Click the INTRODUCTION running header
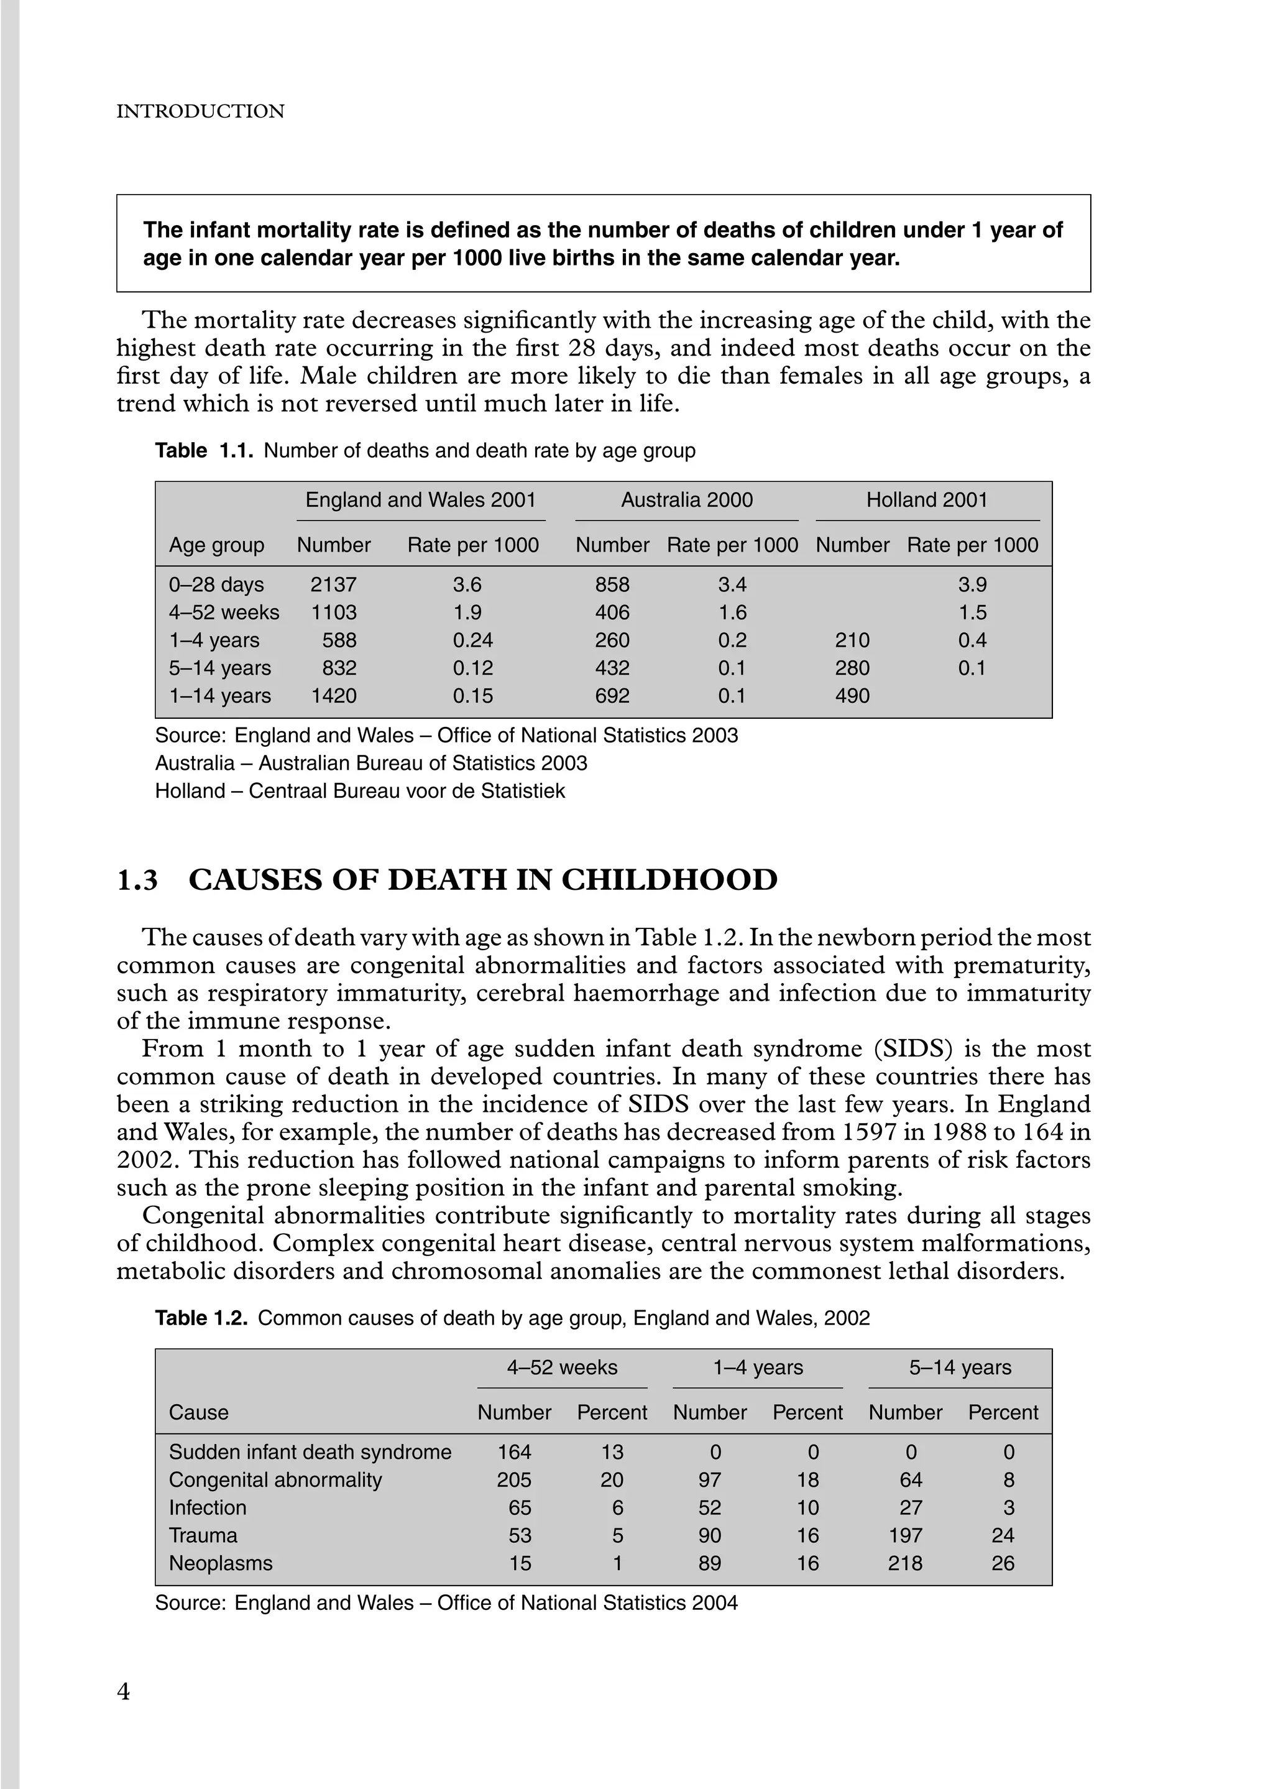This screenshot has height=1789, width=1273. pos(200,111)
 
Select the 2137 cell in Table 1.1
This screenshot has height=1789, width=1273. pos(333,585)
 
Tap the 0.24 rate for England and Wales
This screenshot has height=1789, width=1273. pos(472,640)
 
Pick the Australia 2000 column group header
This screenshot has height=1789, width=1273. pos(687,500)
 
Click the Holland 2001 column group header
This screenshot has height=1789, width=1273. pos(927,500)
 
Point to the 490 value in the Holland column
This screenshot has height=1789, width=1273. pos(852,696)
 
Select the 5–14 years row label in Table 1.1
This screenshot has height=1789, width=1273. pos(219,668)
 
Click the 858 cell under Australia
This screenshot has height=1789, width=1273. pos(612,585)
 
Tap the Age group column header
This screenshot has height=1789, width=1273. pos(216,545)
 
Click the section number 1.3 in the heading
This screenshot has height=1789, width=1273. pos(137,881)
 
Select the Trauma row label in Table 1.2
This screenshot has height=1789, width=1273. pos(203,1535)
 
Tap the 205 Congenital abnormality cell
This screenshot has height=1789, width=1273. pos(513,1480)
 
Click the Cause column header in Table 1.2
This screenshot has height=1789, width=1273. pos(198,1413)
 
